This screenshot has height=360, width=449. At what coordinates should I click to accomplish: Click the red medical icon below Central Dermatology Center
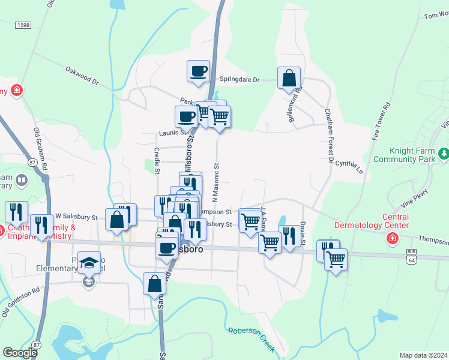[393, 239]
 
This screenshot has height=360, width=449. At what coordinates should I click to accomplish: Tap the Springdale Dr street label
[239, 79]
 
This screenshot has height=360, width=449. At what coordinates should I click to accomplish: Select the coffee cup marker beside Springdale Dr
[198, 71]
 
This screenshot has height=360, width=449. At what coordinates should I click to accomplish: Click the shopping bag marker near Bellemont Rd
[289, 77]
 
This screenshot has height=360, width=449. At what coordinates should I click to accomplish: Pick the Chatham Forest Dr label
[329, 136]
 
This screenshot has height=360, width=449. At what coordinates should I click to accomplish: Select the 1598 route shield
[23, 25]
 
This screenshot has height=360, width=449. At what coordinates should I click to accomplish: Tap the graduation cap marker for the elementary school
[89, 263]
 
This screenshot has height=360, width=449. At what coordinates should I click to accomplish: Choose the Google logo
[20, 353]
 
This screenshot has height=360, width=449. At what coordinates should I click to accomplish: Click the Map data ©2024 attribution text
[423, 355]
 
